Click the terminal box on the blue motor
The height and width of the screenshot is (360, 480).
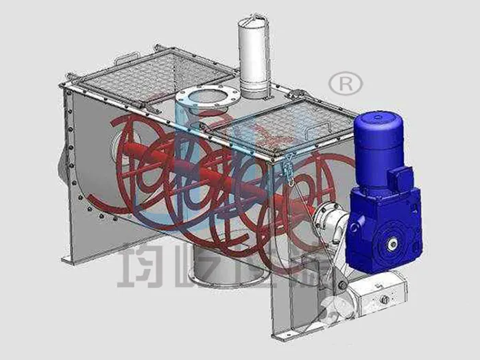click(x=398, y=180)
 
